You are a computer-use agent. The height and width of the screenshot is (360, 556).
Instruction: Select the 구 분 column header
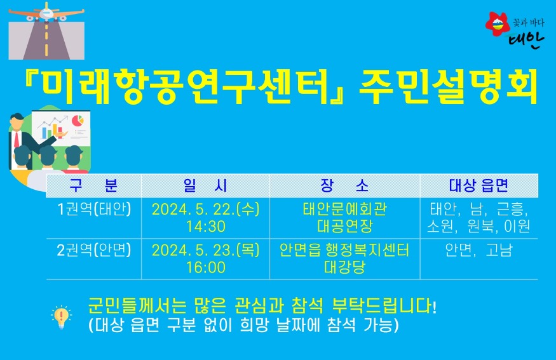click(93, 185)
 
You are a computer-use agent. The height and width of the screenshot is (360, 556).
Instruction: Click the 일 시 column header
click(205, 185)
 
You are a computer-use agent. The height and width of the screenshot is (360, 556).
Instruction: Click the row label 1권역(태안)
click(94, 210)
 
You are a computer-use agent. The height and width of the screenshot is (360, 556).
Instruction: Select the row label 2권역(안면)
click(94, 250)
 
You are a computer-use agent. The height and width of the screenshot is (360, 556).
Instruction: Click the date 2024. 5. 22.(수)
click(205, 210)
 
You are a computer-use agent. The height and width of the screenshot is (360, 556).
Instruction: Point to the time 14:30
click(205, 227)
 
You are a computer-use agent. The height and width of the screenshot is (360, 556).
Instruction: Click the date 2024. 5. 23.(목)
click(205, 250)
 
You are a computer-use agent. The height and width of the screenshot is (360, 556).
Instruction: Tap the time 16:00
click(205, 267)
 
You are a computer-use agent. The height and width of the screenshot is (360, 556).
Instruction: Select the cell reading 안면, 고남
click(478, 250)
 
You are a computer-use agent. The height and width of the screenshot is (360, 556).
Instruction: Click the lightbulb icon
click(62, 316)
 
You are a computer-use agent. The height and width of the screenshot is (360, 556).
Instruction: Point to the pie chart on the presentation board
click(78, 120)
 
